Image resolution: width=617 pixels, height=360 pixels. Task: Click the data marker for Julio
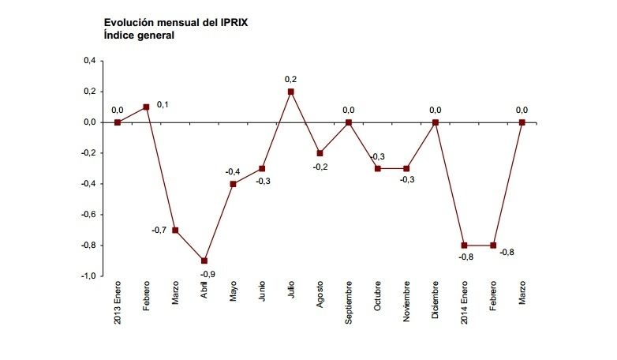point(290,92)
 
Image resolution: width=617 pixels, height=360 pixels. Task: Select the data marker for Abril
point(204,261)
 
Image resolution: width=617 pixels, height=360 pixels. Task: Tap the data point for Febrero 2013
point(146,107)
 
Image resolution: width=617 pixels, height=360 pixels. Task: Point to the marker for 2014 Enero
point(464,245)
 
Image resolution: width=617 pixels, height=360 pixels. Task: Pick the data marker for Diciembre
point(435,122)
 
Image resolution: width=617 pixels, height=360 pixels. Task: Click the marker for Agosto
point(320,153)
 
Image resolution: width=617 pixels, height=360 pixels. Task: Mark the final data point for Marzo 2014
point(522,122)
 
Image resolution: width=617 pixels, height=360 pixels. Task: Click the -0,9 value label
point(208,273)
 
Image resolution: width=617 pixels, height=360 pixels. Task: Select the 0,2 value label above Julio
point(290,79)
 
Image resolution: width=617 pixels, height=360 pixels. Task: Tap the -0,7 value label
point(159,230)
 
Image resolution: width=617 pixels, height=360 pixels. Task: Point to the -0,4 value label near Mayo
point(232,171)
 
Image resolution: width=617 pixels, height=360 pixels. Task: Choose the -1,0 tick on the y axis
point(88,276)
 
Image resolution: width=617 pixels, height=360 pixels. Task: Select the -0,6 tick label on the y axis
point(88,214)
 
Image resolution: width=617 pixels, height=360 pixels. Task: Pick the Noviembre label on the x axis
point(406,303)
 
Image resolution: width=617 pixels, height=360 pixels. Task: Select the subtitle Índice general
point(139,36)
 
